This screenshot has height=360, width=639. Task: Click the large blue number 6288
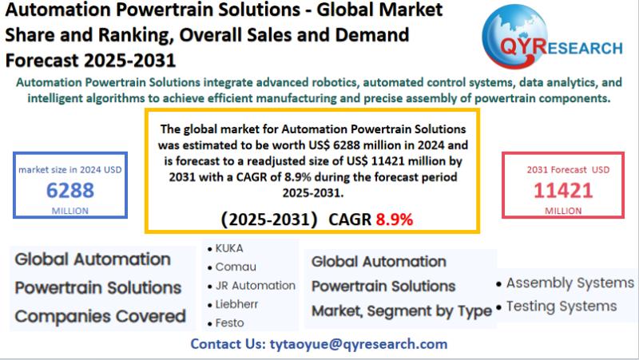tap(70, 190)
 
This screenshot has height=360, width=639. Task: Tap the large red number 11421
tap(564, 190)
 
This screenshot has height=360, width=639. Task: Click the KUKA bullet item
tap(228, 248)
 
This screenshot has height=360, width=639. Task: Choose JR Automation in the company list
tap(255, 285)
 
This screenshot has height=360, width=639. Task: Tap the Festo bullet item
tap(229, 323)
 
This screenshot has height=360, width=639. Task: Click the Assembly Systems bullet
tap(570, 283)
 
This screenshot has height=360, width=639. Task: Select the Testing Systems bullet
tap(561, 306)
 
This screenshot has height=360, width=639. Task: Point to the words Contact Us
tap(224, 344)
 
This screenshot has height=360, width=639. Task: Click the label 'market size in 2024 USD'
tap(70, 169)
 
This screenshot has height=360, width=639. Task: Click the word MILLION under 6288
tap(70, 210)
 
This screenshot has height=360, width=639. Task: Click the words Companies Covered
tap(101, 316)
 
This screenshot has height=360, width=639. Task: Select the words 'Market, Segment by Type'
tap(401, 311)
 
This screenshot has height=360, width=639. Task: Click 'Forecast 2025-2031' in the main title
tap(90, 60)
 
